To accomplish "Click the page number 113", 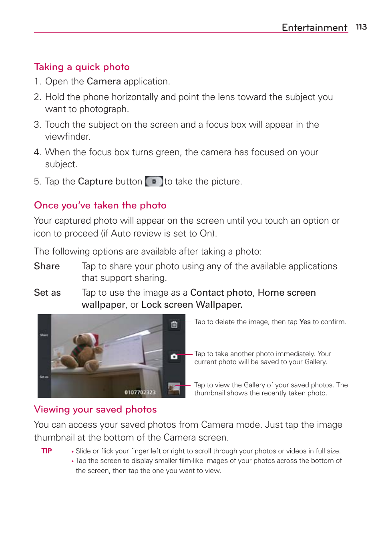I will pos(361,27).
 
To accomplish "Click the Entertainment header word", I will pos(314,27).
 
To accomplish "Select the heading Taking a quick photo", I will pos(82,67).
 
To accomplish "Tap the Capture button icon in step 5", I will pos(154,181).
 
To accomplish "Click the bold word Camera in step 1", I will pos(104,81).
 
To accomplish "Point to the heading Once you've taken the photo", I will pos(100,205).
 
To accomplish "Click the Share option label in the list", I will pos(47,266).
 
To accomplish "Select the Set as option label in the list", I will pos(47,293).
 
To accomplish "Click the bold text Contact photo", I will pos(221,293).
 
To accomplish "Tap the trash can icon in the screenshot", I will pos(174,325).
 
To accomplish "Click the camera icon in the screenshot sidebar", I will pos(174,356).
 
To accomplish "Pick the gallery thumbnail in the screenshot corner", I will pos(174,389).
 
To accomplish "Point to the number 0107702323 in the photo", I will pos(140,392).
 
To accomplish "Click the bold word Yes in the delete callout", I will pos(305,322).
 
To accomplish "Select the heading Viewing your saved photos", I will pos(95,409).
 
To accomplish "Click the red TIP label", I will pos(46,451).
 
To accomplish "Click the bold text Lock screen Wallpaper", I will pos(192,305).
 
